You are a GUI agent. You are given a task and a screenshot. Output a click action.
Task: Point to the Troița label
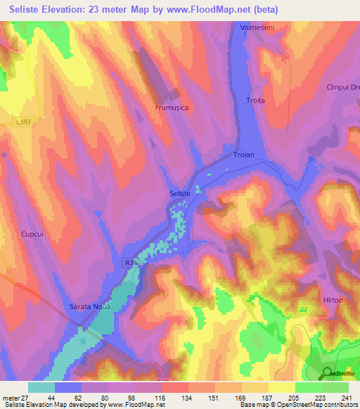(255, 101)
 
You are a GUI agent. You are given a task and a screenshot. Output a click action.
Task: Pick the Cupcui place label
(33, 234)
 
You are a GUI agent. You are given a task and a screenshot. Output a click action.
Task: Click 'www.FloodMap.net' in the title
(217, 10)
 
